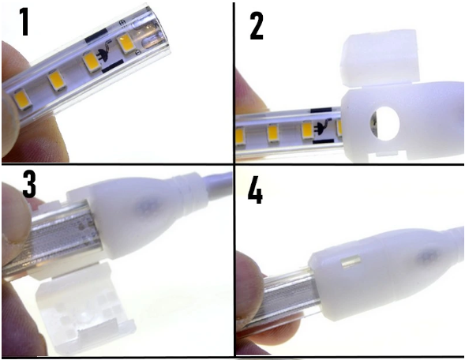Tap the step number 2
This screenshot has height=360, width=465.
click(x=256, y=25)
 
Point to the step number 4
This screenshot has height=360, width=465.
click(x=256, y=192)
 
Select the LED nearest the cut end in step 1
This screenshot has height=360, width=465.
click(x=126, y=43)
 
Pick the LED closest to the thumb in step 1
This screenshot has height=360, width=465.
click(x=19, y=97)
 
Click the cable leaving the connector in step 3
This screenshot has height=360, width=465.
click(x=213, y=186)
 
